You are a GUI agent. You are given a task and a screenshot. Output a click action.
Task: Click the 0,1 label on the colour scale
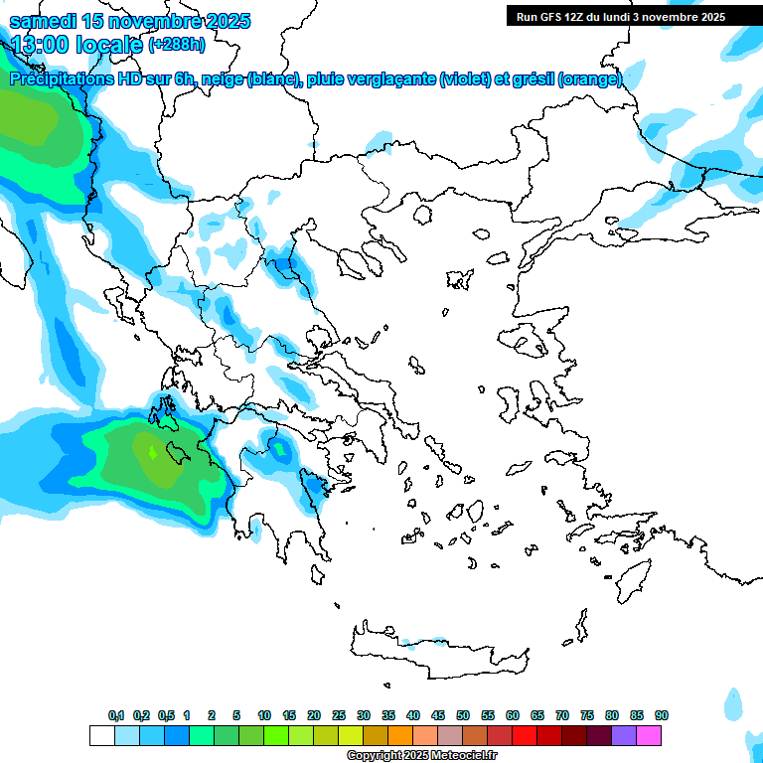tap(116, 715)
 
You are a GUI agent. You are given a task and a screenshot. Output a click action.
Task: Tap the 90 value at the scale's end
tap(662, 715)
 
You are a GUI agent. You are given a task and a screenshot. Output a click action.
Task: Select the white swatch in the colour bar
tap(101, 735)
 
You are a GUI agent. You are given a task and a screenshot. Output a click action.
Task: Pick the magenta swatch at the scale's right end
tap(650, 735)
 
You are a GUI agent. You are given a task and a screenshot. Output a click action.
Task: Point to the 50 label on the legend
tap(463, 715)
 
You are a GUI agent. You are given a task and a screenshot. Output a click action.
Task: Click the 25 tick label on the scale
tap(339, 715)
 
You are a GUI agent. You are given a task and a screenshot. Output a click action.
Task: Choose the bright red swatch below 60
tap(525, 735)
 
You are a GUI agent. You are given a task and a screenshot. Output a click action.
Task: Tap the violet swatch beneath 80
tap(624, 735)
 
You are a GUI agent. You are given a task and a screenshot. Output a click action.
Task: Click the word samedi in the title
tap(46, 21)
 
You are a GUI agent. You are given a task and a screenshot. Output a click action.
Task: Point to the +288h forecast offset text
tap(177, 44)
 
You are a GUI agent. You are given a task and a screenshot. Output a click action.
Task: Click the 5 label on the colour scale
tap(236, 715)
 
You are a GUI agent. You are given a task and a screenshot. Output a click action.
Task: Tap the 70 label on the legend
tap(562, 715)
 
